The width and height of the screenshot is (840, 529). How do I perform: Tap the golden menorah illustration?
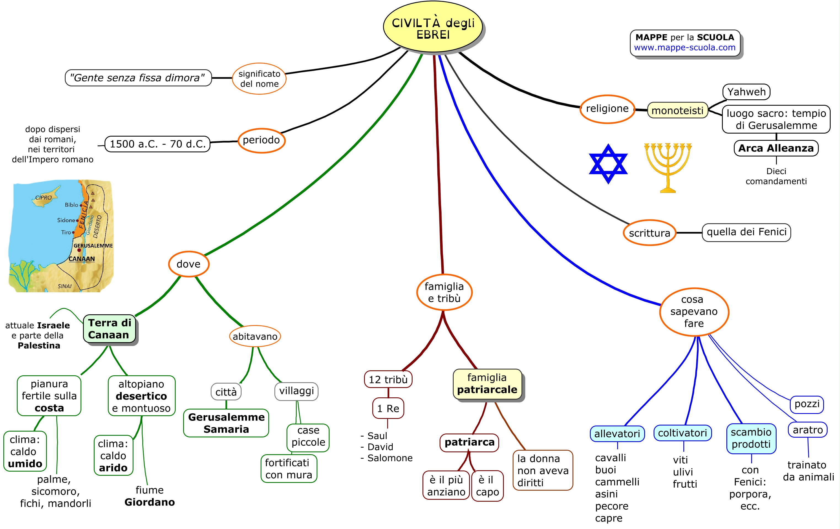pyautogui.click(x=668, y=167)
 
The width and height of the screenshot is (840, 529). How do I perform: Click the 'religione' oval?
pyautogui.click(x=607, y=109)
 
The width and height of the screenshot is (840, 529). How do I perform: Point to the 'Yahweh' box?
pyautogui.click(x=746, y=92)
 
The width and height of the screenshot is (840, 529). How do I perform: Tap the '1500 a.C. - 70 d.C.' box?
pyautogui.click(x=158, y=144)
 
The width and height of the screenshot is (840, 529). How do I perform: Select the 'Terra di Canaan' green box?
pyautogui.click(x=109, y=329)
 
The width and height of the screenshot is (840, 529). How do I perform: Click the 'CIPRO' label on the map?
pyautogui.click(x=43, y=198)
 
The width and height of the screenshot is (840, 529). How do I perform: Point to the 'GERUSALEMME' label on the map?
pyautogui.click(x=93, y=246)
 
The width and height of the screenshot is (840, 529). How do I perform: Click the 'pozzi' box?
pyautogui.click(x=807, y=404)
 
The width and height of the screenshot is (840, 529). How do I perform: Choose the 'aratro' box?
pyautogui.click(x=807, y=430)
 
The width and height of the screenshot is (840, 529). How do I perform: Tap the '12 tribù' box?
pyautogui.click(x=388, y=379)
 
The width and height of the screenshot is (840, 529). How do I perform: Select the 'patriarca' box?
pyautogui.click(x=470, y=442)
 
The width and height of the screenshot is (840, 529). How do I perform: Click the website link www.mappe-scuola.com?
pyautogui.click(x=684, y=47)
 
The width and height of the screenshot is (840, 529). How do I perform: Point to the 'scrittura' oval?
pyautogui.click(x=649, y=233)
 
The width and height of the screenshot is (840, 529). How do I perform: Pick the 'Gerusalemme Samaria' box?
pyautogui.click(x=226, y=423)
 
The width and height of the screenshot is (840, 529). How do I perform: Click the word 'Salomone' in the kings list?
pyautogui.click(x=390, y=458)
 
